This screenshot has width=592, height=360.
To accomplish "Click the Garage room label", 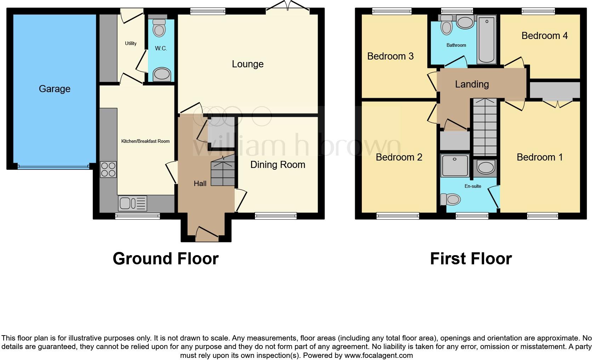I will [x=55, y=89].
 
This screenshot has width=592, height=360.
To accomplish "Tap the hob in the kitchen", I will [x=108, y=169].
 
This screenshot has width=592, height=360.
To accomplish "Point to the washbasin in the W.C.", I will [x=161, y=74].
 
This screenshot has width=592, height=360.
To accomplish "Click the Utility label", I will [x=131, y=43].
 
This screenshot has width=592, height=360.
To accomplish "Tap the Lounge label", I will [x=247, y=64].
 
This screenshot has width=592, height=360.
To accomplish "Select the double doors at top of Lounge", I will [x=288, y=6].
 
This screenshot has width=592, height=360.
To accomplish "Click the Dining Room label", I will [x=278, y=165].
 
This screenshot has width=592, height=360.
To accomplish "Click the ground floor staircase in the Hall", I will [x=223, y=173].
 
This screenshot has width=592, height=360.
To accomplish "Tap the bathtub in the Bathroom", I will [x=486, y=39].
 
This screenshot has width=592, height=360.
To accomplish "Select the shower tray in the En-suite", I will [x=455, y=165].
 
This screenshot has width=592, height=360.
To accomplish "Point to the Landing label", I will [x=472, y=84].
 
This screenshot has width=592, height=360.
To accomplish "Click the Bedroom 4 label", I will [x=544, y=36].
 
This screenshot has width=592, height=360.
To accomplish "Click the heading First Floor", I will [x=471, y=259].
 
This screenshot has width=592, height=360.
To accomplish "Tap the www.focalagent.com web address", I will [x=379, y=355].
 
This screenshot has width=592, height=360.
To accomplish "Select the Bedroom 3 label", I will [x=390, y=56].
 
